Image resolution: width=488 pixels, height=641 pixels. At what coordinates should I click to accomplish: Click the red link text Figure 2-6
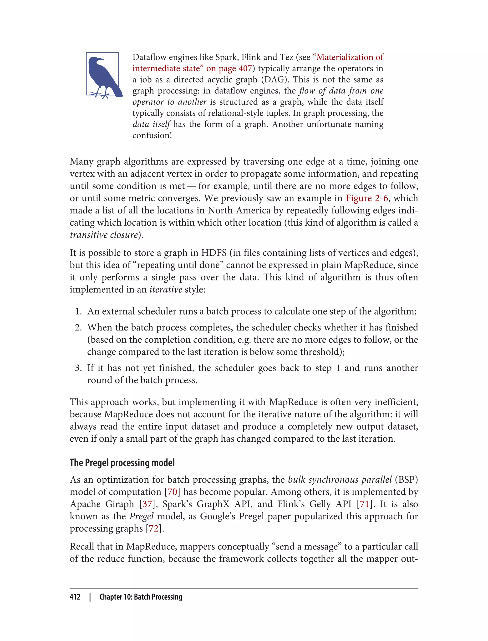(366, 198)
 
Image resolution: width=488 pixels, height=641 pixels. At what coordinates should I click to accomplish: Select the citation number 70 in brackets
(172, 492)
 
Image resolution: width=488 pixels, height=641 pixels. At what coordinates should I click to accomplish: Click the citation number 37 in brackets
(147, 504)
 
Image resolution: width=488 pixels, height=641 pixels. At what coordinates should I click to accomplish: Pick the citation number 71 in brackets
(365, 504)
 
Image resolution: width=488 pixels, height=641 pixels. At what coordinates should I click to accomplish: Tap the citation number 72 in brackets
(154, 528)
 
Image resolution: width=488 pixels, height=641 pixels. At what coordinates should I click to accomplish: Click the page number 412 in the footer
(75, 597)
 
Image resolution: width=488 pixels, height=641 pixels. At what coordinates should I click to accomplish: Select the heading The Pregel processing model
(122, 463)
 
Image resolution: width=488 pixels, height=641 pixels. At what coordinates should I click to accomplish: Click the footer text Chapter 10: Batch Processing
(141, 597)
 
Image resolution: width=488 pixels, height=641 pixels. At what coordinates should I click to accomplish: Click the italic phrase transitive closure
(104, 235)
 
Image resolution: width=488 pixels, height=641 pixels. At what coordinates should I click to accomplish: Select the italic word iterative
(166, 289)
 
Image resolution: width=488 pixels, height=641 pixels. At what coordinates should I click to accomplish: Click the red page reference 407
(245, 69)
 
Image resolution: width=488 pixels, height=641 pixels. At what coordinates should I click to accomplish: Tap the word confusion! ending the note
(152, 135)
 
